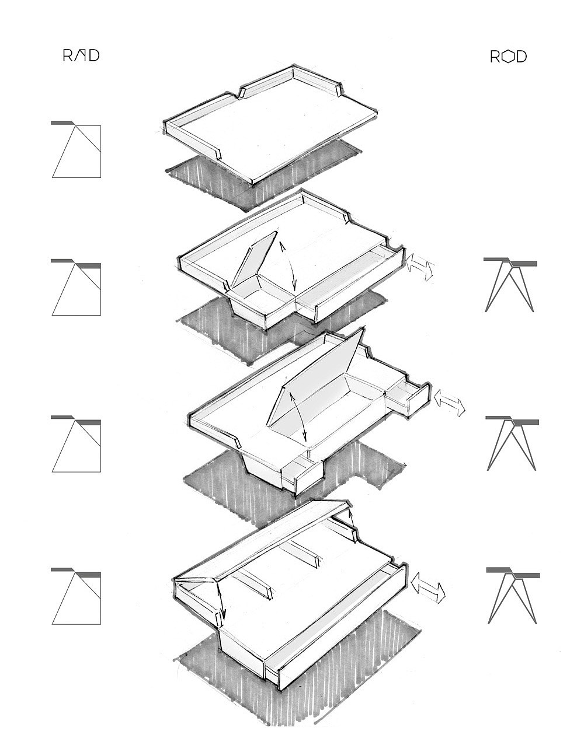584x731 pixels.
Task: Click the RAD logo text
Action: [x=81, y=55]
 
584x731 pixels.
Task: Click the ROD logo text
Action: [x=508, y=57]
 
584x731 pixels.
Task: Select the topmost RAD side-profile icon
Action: [x=76, y=149]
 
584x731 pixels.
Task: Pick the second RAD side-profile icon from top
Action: [x=76, y=287]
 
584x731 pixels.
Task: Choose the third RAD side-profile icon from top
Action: [x=76, y=443]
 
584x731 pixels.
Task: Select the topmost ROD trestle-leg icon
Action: [x=510, y=285]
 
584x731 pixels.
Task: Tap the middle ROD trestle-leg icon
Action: [x=512, y=443]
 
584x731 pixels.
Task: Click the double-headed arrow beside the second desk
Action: [x=420, y=267]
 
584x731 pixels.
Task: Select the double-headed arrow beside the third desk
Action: [x=450, y=403]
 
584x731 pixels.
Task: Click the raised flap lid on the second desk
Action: [x=253, y=258]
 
